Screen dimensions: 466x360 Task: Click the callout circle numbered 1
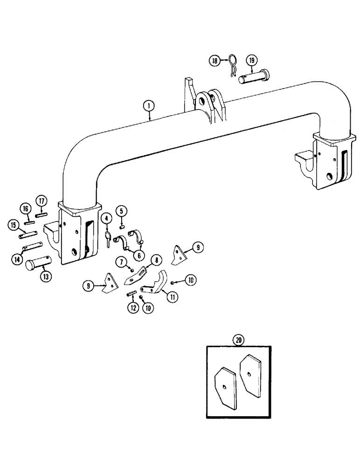tap(148, 106)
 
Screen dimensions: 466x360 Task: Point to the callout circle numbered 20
tap(239, 340)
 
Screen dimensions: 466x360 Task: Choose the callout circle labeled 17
tap(42, 201)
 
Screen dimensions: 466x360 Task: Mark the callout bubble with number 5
tap(121, 211)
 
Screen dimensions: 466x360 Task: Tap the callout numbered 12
tap(134, 308)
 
